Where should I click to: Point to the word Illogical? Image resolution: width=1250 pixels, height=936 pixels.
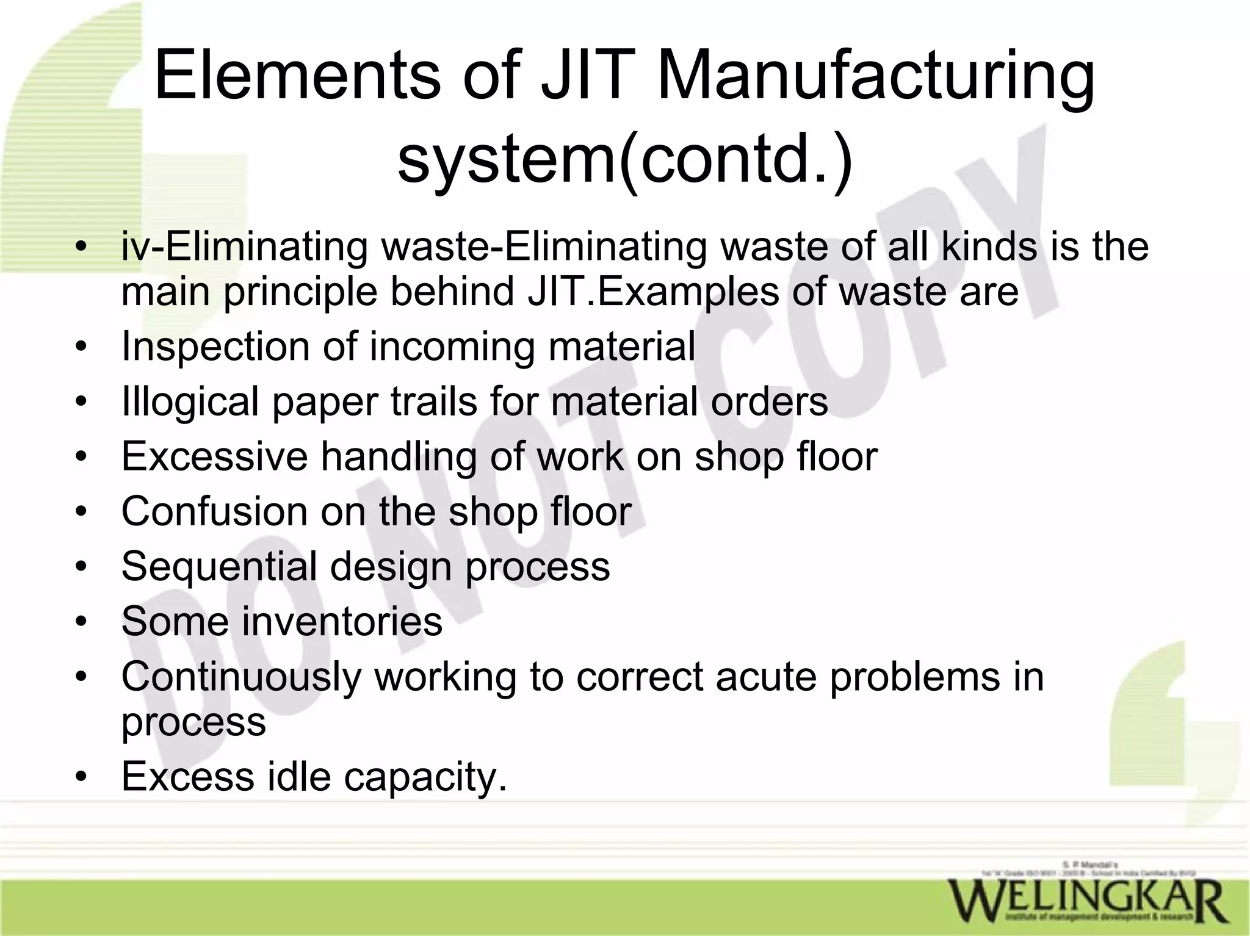tap(190, 402)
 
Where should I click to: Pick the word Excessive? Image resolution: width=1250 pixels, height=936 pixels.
tap(214, 456)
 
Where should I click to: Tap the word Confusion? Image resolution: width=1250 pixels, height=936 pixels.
tap(214, 511)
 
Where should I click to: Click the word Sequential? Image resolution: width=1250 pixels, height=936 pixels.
tap(219, 566)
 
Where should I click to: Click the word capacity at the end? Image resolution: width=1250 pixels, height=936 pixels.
tap(425, 777)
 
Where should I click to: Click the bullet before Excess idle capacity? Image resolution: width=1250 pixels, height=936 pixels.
tap(81, 777)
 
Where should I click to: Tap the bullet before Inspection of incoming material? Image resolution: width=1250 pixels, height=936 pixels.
tap(81, 347)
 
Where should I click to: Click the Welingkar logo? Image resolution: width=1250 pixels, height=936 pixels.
tap(1086, 901)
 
